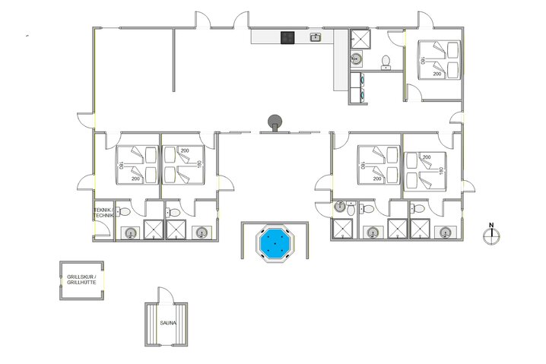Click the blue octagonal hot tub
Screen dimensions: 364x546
(275, 244)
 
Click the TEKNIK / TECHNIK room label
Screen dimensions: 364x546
(103, 213)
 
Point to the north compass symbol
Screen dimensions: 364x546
(491, 236)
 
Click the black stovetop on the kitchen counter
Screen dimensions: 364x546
(287, 37)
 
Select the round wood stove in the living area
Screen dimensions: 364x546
(275, 120)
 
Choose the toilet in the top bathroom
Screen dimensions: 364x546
(386, 61)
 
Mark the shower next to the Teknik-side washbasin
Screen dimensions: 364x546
(154, 230)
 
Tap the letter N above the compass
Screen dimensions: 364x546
(491, 224)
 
